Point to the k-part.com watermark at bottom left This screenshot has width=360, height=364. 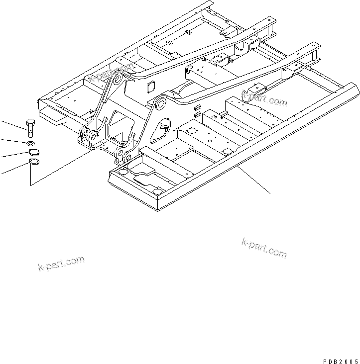[x=61, y=263]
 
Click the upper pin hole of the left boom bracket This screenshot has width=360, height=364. [x=118, y=80]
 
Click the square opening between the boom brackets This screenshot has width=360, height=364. [x=149, y=88]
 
